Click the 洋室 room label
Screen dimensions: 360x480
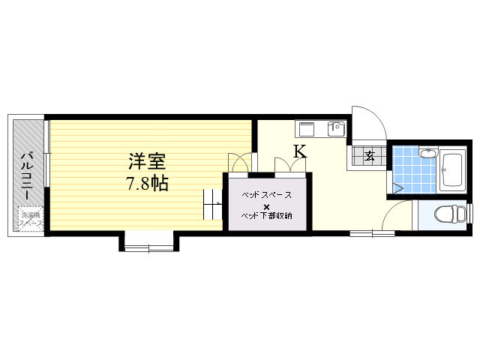(x=147, y=161)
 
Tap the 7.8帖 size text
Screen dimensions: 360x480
(x=146, y=182)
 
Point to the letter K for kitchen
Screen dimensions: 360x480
(x=299, y=151)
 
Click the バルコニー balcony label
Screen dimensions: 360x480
(x=25, y=175)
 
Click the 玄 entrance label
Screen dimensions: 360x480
(x=370, y=156)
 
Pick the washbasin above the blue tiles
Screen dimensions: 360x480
(x=427, y=155)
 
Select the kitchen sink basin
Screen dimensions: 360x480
(x=307, y=127)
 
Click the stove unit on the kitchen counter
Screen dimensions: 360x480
(x=335, y=128)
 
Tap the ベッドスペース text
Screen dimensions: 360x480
(x=266, y=194)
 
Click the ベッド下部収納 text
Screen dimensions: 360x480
(x=266, y=217)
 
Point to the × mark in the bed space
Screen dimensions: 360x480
(x=266, y=205)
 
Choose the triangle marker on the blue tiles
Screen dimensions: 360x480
(x=398, y=186)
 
